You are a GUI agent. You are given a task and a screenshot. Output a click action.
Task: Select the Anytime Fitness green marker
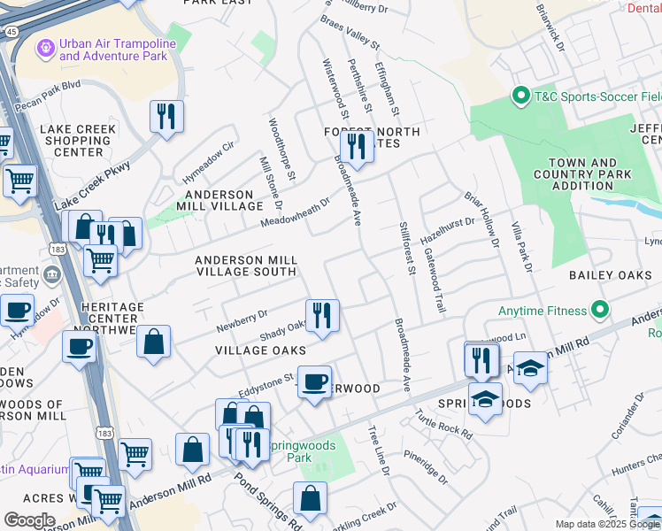(x=601, y=311)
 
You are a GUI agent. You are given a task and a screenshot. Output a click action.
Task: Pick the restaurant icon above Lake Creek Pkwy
(x=165, y=116)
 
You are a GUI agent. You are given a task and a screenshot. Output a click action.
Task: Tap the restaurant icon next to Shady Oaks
(x=322, y=315)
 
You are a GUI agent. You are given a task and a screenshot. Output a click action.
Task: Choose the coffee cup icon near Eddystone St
(x=313, y=381)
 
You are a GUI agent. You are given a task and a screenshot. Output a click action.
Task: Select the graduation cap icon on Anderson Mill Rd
(x=530, y=367)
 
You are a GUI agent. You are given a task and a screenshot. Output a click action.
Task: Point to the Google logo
(x=28, y=520)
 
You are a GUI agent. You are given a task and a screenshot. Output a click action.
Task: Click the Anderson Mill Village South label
(x=245, y=265)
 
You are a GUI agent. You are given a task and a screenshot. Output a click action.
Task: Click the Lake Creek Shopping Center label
(x=78, y=141)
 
